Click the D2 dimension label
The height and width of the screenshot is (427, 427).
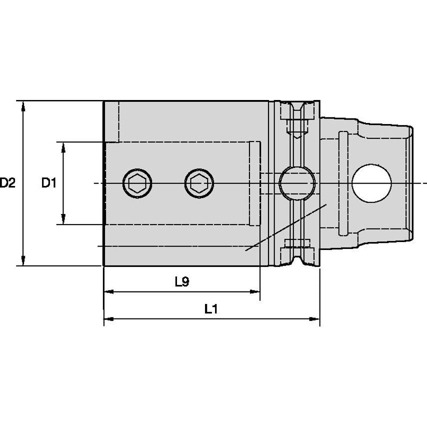7,183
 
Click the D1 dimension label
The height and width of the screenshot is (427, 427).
48,183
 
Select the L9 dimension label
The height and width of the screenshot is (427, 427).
182,282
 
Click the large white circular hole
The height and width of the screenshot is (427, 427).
371,183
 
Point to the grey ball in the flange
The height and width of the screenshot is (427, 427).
297,183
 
